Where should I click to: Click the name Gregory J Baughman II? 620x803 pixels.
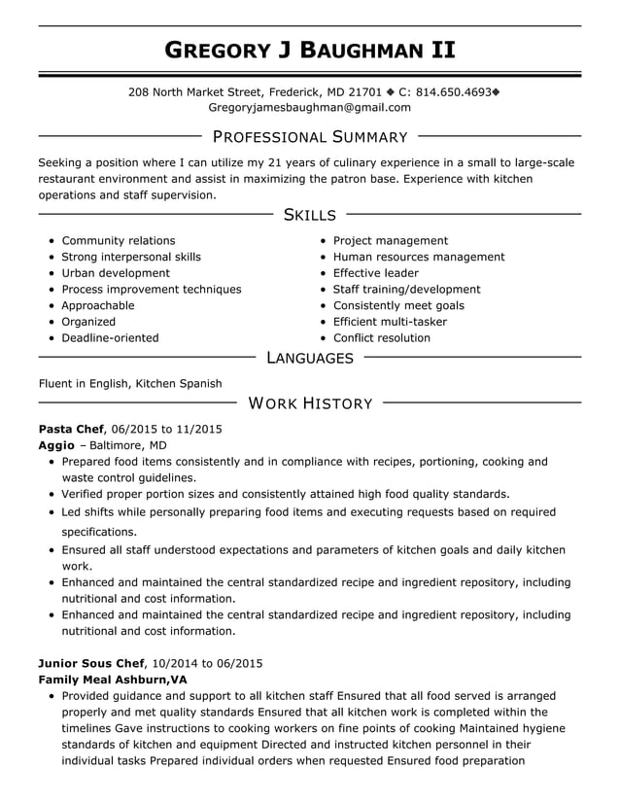[309, 50]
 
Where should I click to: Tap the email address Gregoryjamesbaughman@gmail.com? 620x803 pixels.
[309, 107]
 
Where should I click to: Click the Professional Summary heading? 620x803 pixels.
[309, 137]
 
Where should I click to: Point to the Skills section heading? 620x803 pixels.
[309, 215]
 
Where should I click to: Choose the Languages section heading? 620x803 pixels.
[309, 359]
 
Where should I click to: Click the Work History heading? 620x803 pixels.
[309, 403]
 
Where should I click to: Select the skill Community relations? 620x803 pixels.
[119, 241]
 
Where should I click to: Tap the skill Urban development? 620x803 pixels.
[116, 273]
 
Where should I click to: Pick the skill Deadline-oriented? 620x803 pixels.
[110, 338]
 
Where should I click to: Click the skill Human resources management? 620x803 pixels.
[419, 258]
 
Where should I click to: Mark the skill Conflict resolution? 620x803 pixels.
[381, 338]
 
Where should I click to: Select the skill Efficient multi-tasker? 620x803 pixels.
[390, 322]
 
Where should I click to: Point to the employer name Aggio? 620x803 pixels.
[55, 445]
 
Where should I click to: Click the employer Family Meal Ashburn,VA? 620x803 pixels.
[113, 680]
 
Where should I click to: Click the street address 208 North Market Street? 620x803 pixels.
[195, 91]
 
